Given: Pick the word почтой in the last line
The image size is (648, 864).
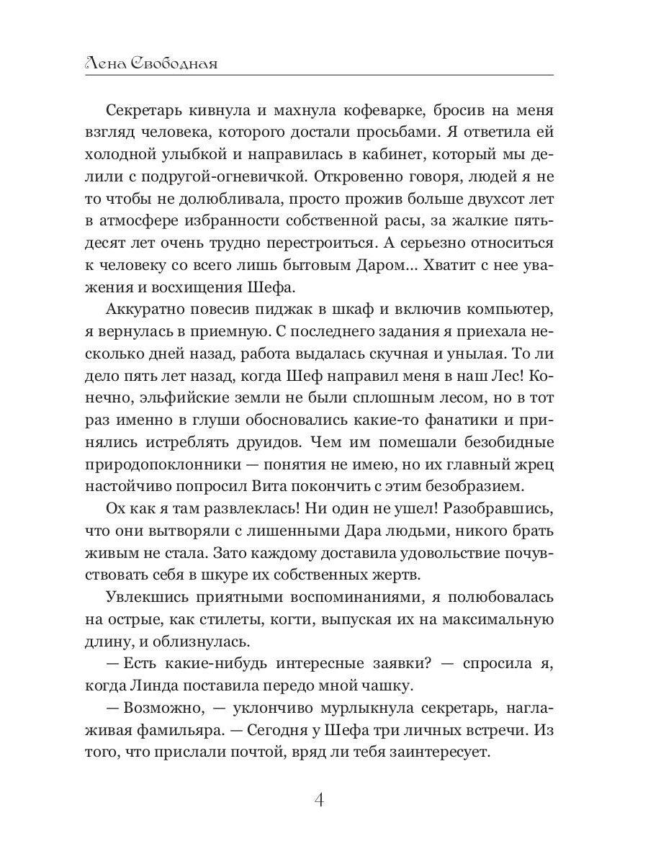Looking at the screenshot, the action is click(267, 753).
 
